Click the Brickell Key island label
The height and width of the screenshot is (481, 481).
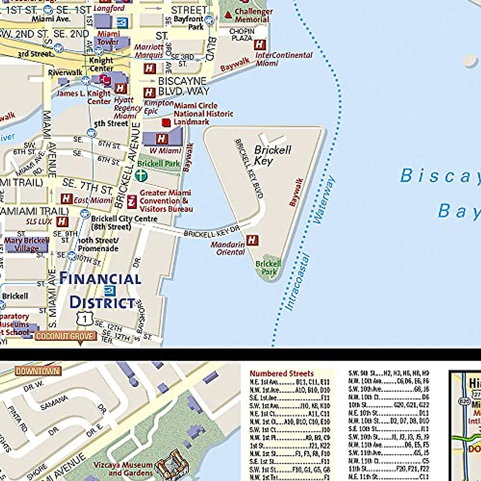273,156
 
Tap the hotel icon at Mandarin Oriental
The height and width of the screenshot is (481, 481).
253,240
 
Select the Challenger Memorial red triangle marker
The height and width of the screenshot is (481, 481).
228,15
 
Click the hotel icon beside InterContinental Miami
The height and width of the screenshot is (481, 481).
260,44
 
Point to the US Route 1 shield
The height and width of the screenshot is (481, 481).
85,319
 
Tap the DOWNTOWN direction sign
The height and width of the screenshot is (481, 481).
38,371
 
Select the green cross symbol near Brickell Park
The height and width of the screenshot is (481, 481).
141,175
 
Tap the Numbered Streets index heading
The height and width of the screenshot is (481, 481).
281,374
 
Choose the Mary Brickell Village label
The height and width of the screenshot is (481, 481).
26,245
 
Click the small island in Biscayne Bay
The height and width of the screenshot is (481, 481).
469,60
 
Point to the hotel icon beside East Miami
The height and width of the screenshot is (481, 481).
66,199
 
